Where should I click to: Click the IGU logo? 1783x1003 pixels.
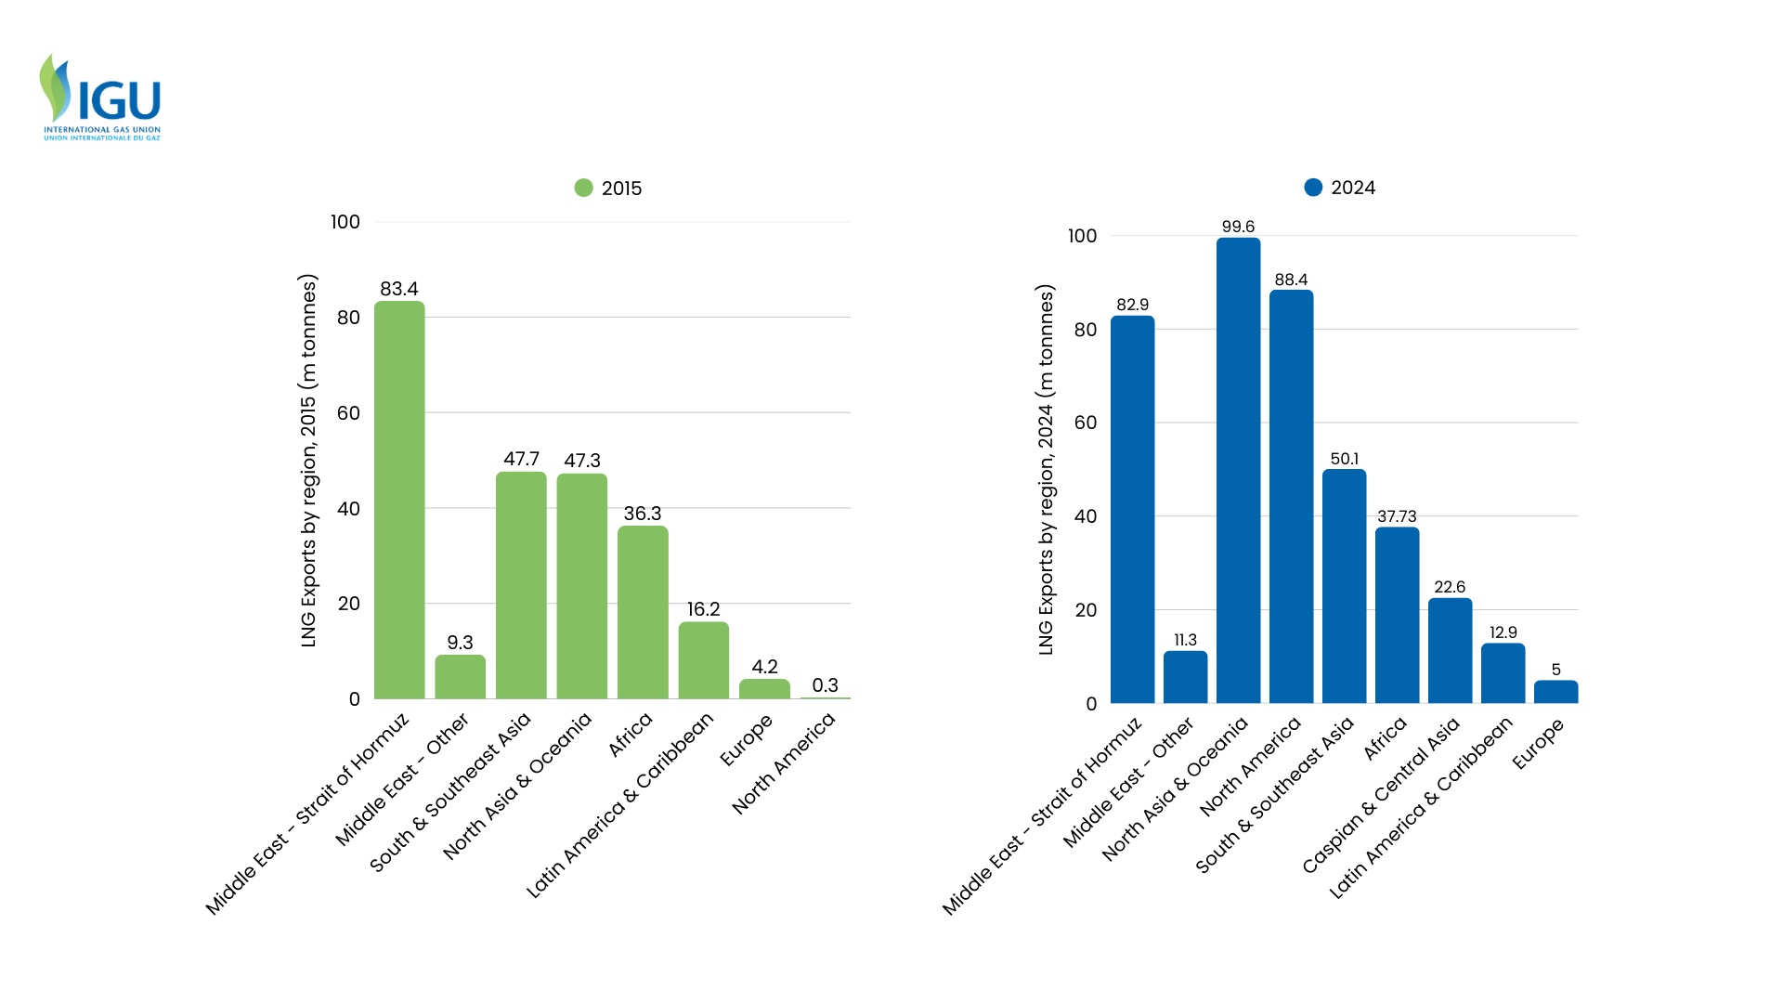pos(100,98)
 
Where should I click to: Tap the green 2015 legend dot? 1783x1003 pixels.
pos(583,188)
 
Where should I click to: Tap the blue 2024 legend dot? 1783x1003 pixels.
pos(1313,188)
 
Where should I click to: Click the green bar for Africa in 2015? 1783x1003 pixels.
pos(643,612)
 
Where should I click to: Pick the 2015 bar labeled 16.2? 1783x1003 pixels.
pos(703,660)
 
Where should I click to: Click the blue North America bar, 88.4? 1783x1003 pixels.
pos(1291,496)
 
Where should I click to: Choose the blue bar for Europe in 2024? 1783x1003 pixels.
pos(1555,692)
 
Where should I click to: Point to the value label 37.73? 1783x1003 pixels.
pos(1397,516)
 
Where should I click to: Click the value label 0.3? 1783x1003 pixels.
pos(825,685)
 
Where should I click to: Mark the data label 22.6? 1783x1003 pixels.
pos(1450,587)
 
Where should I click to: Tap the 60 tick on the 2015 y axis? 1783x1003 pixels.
pos(348,413)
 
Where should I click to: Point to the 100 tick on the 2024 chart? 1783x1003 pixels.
pos(1082,236)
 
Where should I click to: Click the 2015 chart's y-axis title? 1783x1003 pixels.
pos(308,461)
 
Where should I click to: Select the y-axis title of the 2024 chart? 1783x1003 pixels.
pos(1046,470)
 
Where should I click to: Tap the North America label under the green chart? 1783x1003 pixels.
pos(784,763)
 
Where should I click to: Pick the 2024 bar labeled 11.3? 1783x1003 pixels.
pos(1185,677)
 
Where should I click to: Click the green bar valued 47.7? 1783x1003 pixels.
pos(521,585)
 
